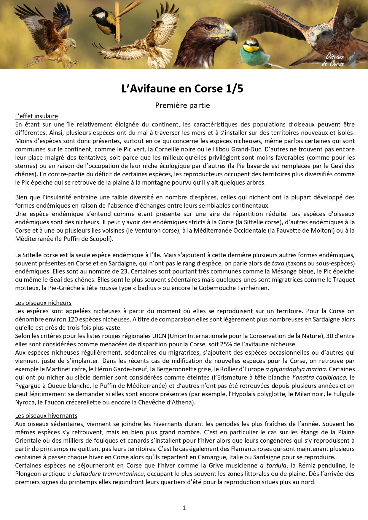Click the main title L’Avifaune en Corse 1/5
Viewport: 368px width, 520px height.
(x=182, y=89)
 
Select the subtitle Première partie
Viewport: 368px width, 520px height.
(x=182, y=105)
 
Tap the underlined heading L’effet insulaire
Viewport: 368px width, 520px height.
(x=36, y=116)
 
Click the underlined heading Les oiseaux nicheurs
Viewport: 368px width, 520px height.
(x=43, y=303)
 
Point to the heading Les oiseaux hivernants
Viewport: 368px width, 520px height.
(x=46, y=416)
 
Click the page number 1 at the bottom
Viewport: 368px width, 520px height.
(x=184, y=508)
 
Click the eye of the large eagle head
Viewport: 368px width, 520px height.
(x=209, y=28)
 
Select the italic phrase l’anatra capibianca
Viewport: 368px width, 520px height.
(x=319, y=377)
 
